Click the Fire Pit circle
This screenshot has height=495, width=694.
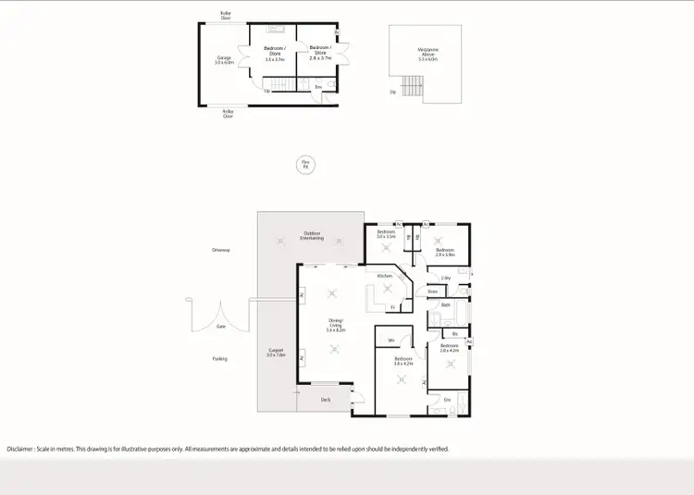point(304,165)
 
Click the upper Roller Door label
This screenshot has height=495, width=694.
point(226,16)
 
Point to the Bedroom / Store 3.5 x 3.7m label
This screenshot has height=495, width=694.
point(275,54)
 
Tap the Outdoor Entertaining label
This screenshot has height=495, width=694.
point(312,236)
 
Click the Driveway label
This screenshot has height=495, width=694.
point(220,250)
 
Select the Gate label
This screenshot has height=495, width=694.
point(220,326)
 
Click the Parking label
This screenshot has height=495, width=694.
point(219,358)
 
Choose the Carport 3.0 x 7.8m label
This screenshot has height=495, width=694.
point(276,353)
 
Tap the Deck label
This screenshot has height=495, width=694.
point(326,400)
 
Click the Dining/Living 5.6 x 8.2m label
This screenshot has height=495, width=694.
point(335,325)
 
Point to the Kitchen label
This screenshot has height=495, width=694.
point(385,276)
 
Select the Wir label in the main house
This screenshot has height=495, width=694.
point(392,340)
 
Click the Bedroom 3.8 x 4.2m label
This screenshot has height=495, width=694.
point(403,361)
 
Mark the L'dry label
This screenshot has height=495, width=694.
point(446,278)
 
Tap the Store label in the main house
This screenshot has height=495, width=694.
point(431,292)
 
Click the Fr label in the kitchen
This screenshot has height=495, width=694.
point(392,306)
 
